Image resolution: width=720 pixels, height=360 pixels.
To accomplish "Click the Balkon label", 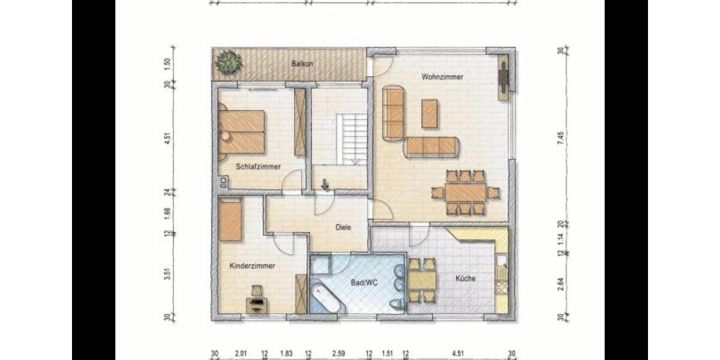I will point(302,64).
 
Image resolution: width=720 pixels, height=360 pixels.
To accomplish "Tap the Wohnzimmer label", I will point(442,77).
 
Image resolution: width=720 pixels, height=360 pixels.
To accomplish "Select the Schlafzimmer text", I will point(258,167).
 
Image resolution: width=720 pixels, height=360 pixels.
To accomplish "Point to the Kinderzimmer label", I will point(252,265).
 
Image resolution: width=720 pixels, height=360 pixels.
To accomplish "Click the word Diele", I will point(343,227).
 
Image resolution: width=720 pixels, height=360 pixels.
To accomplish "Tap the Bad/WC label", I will point(362,280).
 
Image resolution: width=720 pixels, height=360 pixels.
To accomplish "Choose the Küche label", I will point(465,278).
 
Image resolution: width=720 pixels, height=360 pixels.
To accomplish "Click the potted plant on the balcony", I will point(228,62).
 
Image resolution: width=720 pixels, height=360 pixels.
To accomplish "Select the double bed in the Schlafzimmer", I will point(242,131).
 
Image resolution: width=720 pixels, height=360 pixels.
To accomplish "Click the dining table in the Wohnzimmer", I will point(466,193).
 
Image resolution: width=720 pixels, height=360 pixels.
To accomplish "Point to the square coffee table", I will point(430,114).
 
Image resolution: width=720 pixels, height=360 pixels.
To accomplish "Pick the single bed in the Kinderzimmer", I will point(230,220).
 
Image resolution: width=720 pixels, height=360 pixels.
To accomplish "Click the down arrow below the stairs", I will point(325,184).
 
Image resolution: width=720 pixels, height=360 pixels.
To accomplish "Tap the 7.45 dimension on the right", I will point(560,137).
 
